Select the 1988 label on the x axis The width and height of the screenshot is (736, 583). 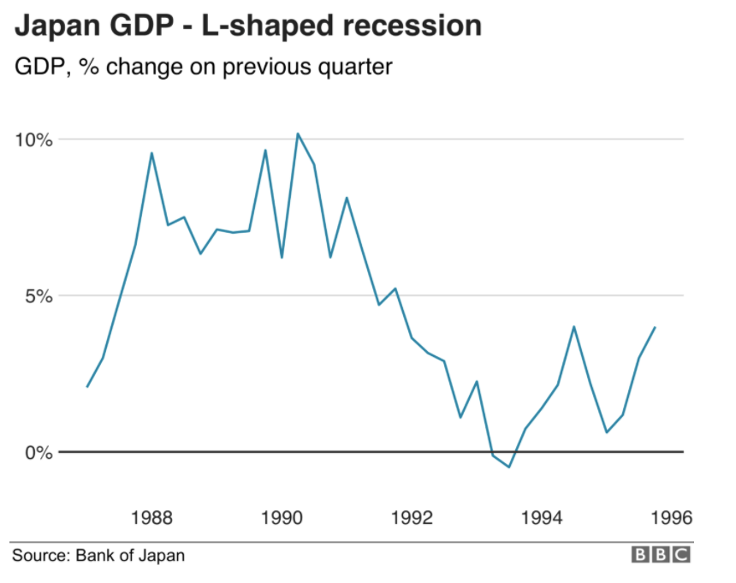pyautogui.click(x=151, y=517)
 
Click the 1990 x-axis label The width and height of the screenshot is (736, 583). pyautogui.click(x=282, y=517)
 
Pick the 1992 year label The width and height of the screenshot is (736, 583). pyautogui.click(x=413, y=517)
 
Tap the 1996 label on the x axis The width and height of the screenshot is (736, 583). pyautogui.click(x=668, y=517)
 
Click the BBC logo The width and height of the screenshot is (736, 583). pyautogui.click(x=660, y=556)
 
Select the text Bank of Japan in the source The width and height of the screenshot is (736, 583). pyautogui.click(x=130, y=556)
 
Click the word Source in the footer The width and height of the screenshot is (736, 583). pyautogui.click(x=39, y=556)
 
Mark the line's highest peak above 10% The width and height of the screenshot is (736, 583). pyautogui.click(x=298, y=134)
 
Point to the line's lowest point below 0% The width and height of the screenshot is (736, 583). pyautogui.click(x=509, y=467)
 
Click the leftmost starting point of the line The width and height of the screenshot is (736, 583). pyautogui.click(x=87, y=387)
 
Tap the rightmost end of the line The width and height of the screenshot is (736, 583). pyautogui.click(x=656, y=327)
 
